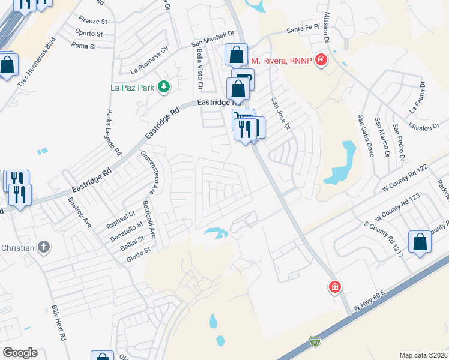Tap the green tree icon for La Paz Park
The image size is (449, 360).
click(x=163, y=88)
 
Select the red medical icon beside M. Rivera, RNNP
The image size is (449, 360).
click(x=322, y=61)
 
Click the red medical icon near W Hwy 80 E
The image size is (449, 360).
click(x=335, y=288)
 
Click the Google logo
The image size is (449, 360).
click(x=20, y=353)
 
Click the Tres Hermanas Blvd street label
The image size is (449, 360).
click(x=36, y=63)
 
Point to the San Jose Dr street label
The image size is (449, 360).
click(x=280, y=114)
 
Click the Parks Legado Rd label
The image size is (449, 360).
click(x=110, y=132)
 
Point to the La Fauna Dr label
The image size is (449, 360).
click(x=417, y=98)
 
